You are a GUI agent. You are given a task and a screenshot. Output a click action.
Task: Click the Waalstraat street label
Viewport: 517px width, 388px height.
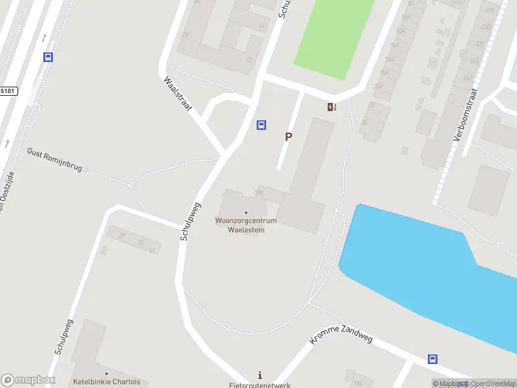(178, 95)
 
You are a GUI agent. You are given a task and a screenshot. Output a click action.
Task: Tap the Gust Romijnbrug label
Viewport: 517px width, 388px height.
(54, 160)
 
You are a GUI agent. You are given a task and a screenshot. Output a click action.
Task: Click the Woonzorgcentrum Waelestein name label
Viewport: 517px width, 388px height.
(246, 225)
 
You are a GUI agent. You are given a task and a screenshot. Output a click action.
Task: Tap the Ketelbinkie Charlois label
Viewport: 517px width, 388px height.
(107, 382)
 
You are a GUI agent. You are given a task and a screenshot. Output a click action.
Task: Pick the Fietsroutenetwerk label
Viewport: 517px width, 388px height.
(260, 385)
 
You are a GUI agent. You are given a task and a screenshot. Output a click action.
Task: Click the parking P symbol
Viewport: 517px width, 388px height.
(288, 137)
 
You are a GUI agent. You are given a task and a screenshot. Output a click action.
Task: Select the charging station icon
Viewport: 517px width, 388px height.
(332, 107)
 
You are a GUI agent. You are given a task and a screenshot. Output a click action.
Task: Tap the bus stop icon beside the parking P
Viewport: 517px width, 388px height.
(262, 125)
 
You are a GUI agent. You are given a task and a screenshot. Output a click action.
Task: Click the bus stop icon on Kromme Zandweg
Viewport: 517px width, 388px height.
(432, 360)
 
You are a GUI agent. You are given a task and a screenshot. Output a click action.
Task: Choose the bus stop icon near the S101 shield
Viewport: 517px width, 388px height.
(48, 57)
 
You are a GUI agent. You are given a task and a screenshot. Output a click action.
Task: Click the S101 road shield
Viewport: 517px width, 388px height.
(8, 91)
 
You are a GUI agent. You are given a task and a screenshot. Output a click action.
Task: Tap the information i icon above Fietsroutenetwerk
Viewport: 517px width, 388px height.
(260, 375)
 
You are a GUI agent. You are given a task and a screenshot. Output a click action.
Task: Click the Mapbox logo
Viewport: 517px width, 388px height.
(28, 380)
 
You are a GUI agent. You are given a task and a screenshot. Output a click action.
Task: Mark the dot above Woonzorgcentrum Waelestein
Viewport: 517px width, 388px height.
(246, 212)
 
